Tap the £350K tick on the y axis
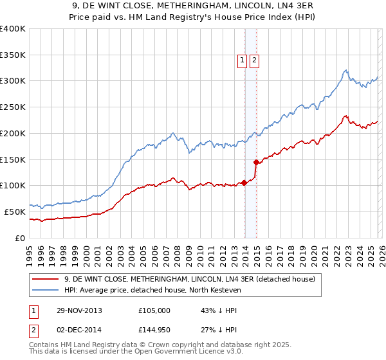click(x=13, y=55)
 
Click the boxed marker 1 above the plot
click(x=243, y=61)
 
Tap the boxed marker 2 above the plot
click(x=254, y=61)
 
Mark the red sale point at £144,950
click(x=256, y=162)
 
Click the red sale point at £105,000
click(x=244, y=183)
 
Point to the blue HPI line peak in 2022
click(x=346, y=70)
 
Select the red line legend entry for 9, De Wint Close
click(x=189, y=279)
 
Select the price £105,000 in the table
click(x=154, y=310)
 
